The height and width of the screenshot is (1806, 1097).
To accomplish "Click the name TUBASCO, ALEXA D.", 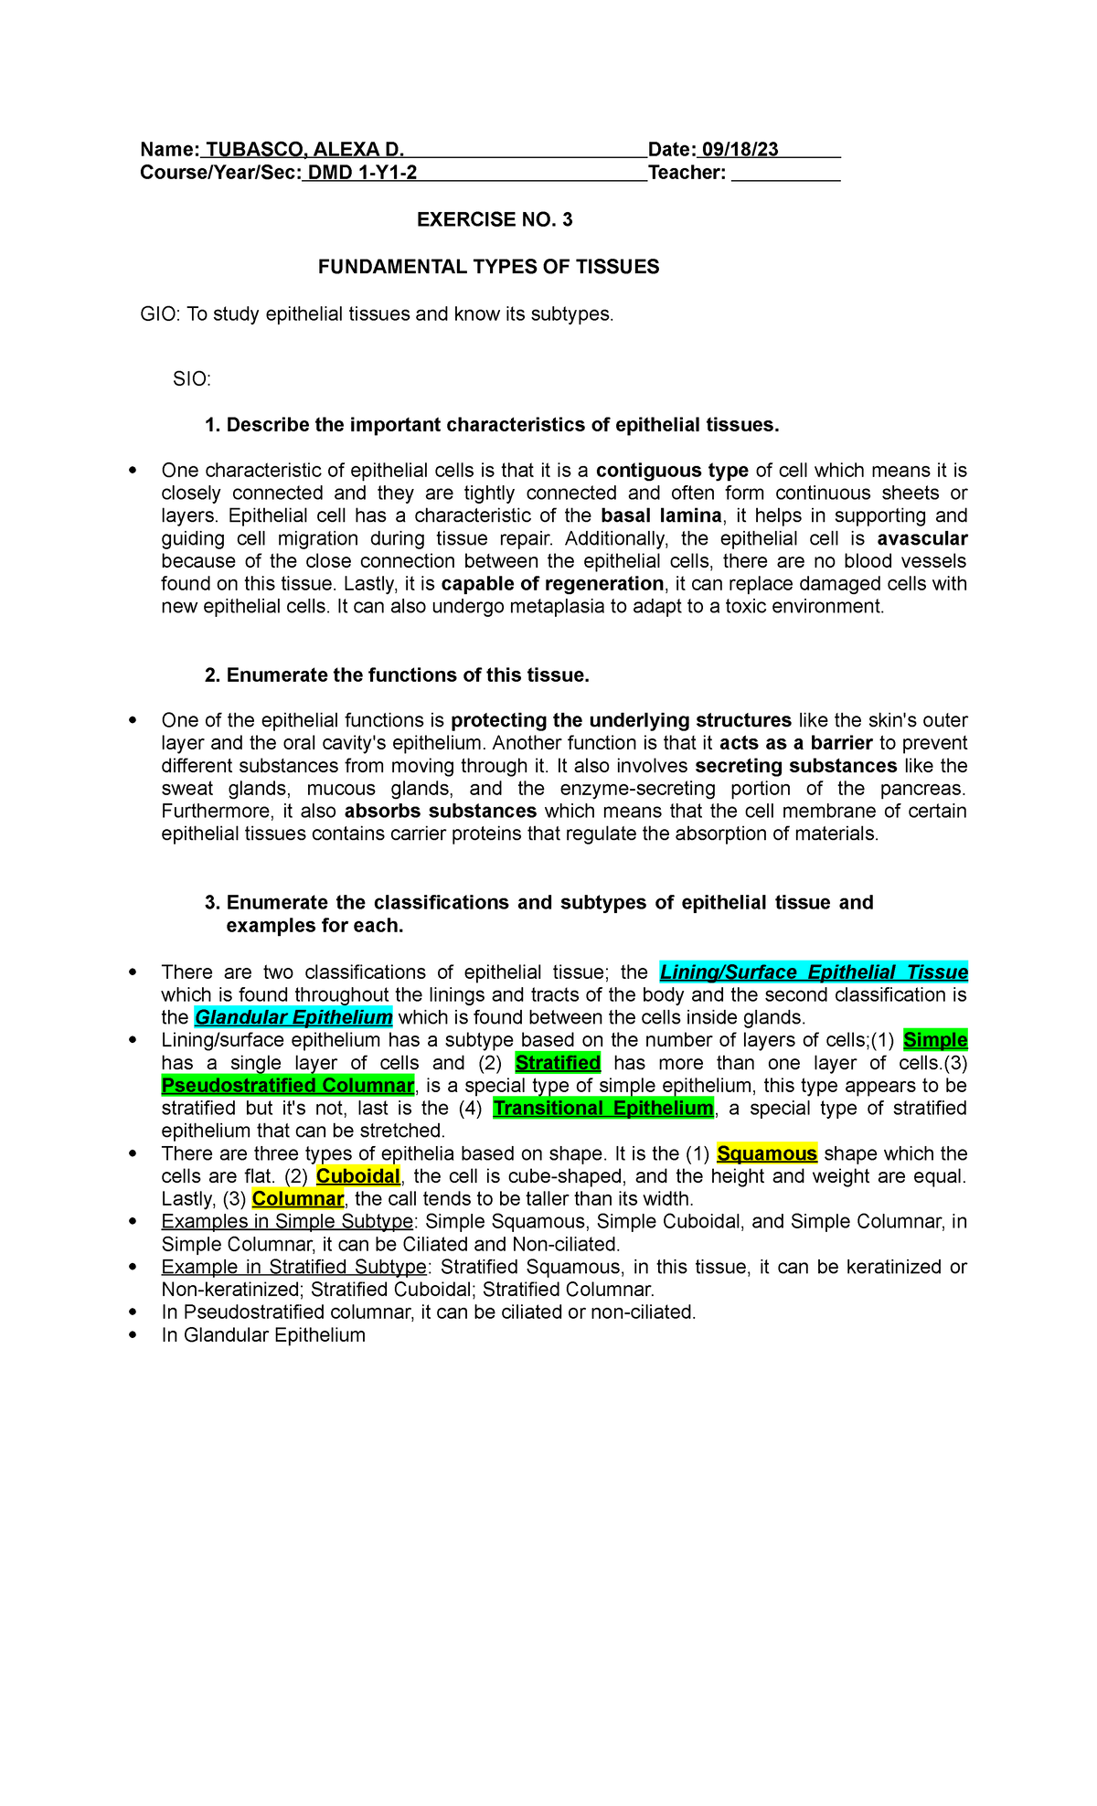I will click(304, 150).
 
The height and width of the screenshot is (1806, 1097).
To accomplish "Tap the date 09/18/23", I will click(740, 150).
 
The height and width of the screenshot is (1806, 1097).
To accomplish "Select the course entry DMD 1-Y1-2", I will click(361, 173).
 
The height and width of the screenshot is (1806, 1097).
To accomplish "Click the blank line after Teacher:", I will click(785, 174).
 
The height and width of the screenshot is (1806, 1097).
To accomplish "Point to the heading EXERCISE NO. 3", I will click(495, 219).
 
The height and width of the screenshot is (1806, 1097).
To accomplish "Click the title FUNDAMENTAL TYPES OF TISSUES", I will click(488, 267).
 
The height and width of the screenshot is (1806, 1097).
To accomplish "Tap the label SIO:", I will click(192, 378).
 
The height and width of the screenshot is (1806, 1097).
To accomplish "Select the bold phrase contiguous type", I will click(672, 471).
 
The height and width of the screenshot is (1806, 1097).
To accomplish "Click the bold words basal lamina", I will click(661, 515).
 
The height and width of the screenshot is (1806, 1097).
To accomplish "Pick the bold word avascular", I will click(921, 538).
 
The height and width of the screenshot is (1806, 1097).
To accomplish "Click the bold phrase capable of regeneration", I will click(552, 584).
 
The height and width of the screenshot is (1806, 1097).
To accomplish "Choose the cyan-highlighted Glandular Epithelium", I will click(293, 1017).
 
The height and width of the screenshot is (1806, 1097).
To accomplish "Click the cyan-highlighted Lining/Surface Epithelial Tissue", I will click(814, 972).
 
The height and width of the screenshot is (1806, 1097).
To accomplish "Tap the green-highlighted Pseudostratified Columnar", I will click(288, 1086).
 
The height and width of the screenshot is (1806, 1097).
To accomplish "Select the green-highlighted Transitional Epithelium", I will click(603, 1109).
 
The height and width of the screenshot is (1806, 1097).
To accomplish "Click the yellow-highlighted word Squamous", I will click(767, 1153).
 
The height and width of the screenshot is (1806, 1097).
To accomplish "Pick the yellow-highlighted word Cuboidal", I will click(358, 1176).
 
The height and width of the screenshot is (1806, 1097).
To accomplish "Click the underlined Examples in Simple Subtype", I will click(287, 1222).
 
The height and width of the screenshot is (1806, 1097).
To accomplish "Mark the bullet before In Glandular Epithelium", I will click(133, 1335).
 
